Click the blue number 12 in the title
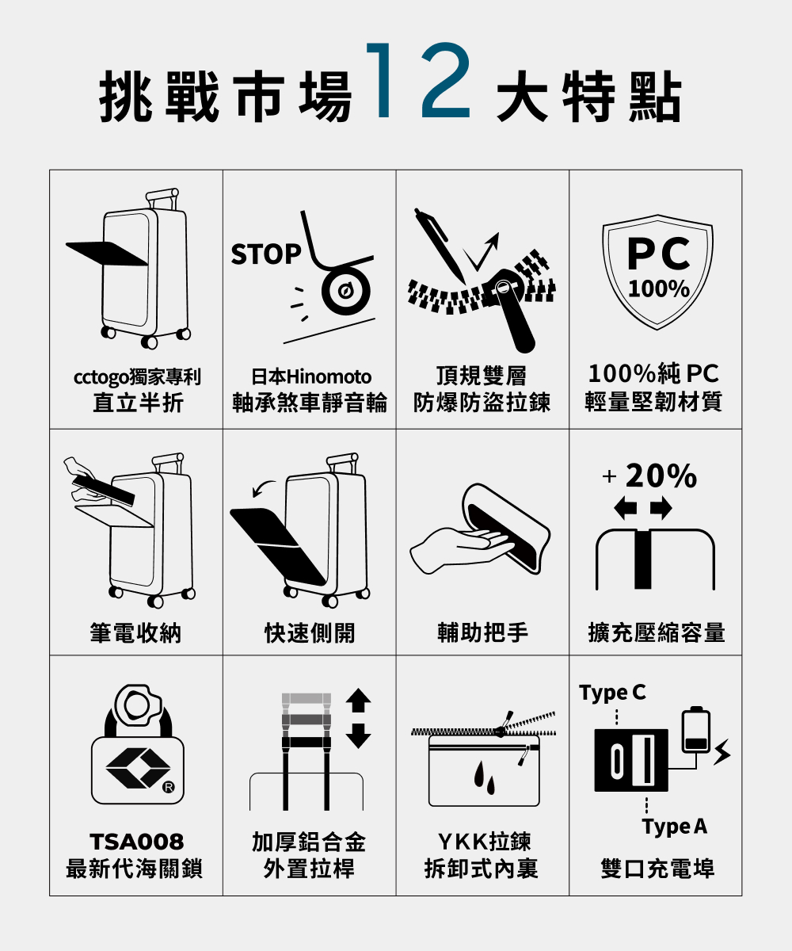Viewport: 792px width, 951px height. click(x=418, y=81)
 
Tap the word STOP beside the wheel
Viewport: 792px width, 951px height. click(x=266, y=254)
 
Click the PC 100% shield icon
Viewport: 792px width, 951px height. click(x=657, y=272)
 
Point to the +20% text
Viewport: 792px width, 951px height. click(x=649, y=476)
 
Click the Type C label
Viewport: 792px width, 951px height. click(x=612, y=693)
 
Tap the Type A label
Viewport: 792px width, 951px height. click(x=674, y=827)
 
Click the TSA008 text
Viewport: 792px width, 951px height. click(x=136, y=841)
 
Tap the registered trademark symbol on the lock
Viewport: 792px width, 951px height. click(x=168, y=787)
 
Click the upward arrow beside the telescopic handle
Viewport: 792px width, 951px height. click(x=358, y=700)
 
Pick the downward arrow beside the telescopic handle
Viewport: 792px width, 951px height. click(x=358, y=735)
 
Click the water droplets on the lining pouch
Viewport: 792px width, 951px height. click(x=484, y=777)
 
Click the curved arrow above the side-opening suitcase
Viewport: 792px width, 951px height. click(x=264, y=488)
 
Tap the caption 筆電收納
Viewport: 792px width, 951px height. click(x=135, y=633)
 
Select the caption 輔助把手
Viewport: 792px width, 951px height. click(x=482, y=632)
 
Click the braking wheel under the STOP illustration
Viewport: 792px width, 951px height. click(x=345, y=292)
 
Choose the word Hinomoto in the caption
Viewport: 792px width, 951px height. click(x=329, y=377)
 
